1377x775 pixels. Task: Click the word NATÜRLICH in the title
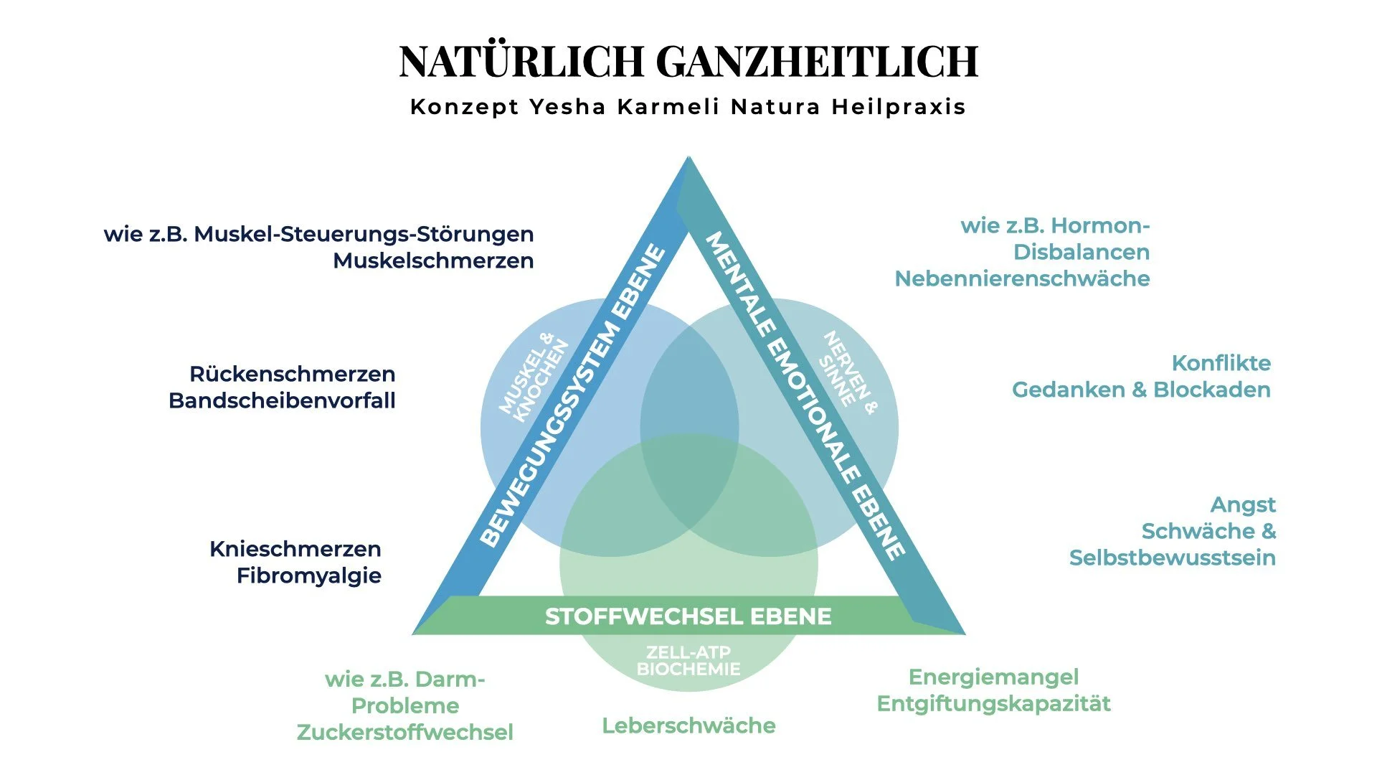521,62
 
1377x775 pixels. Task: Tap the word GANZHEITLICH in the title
818,62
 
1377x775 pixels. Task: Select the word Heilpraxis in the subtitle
899,107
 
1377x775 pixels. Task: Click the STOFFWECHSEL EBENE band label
688,616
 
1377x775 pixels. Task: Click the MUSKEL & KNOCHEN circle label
534,376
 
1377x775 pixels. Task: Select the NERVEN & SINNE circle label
849,372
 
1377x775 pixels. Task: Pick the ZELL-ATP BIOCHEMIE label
688,661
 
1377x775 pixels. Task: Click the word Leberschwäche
688,725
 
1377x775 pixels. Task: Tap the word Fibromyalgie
309,576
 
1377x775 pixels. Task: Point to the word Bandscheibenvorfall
282,400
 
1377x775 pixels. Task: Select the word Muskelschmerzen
433,260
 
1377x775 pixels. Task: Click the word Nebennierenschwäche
1022,278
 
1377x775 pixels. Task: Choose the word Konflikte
1221,363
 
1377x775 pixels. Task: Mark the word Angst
1243,505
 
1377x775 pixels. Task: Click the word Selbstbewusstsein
1172,558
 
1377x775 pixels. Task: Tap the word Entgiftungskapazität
993,703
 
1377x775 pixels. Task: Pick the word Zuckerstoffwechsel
405,732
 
